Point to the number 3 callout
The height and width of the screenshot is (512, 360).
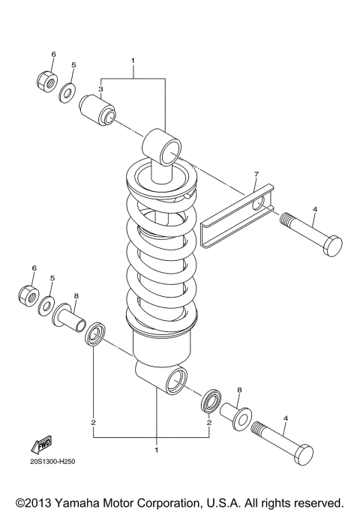pos(100,88)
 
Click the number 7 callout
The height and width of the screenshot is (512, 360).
pos(255,175)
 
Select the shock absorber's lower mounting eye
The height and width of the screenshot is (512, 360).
pos(171,379)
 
